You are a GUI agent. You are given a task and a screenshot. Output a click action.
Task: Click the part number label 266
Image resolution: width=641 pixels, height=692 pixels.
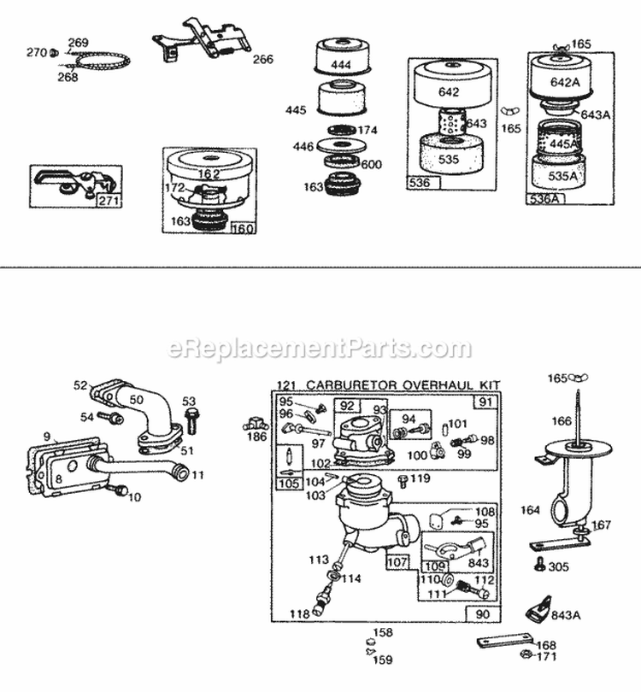click(x=263, y=59)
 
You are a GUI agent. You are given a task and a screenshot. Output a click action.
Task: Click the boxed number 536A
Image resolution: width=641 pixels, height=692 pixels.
click(x=540, y=198)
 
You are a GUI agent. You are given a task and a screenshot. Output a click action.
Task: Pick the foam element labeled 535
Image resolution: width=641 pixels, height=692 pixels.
click(x=450, y=158)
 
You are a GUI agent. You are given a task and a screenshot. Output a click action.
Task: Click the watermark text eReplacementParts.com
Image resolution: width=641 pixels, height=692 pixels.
click(x=320, y=349)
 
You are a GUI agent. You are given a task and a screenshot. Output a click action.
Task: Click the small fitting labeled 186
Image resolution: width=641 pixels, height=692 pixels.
click(x=255, y=423)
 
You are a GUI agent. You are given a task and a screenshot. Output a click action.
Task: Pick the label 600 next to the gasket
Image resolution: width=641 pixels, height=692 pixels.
click(x=373, y=165)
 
